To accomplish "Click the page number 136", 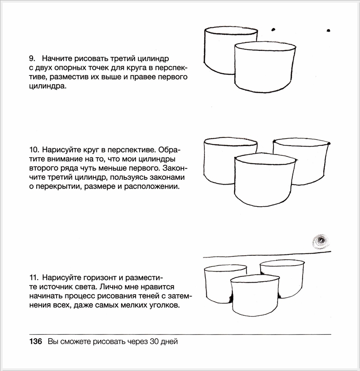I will click(x=35, y=342).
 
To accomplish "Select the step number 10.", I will click(x=34, y=150).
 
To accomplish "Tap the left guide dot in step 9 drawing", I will click(x=273, y=29).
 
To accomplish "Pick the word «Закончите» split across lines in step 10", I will click(x=172, y=169).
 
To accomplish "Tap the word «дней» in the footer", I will click(x=169, y=342).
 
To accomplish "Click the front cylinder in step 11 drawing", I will click(x=255, y=298).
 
